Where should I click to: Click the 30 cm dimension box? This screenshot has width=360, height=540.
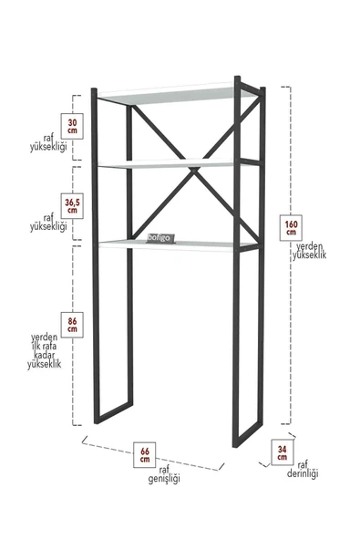pyautogui.click(x=73, y=125)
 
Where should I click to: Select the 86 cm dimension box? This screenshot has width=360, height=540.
pyautogui.click(x=72, y=324)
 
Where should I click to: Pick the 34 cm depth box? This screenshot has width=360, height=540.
pyautogui.click(x=284, y=451)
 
